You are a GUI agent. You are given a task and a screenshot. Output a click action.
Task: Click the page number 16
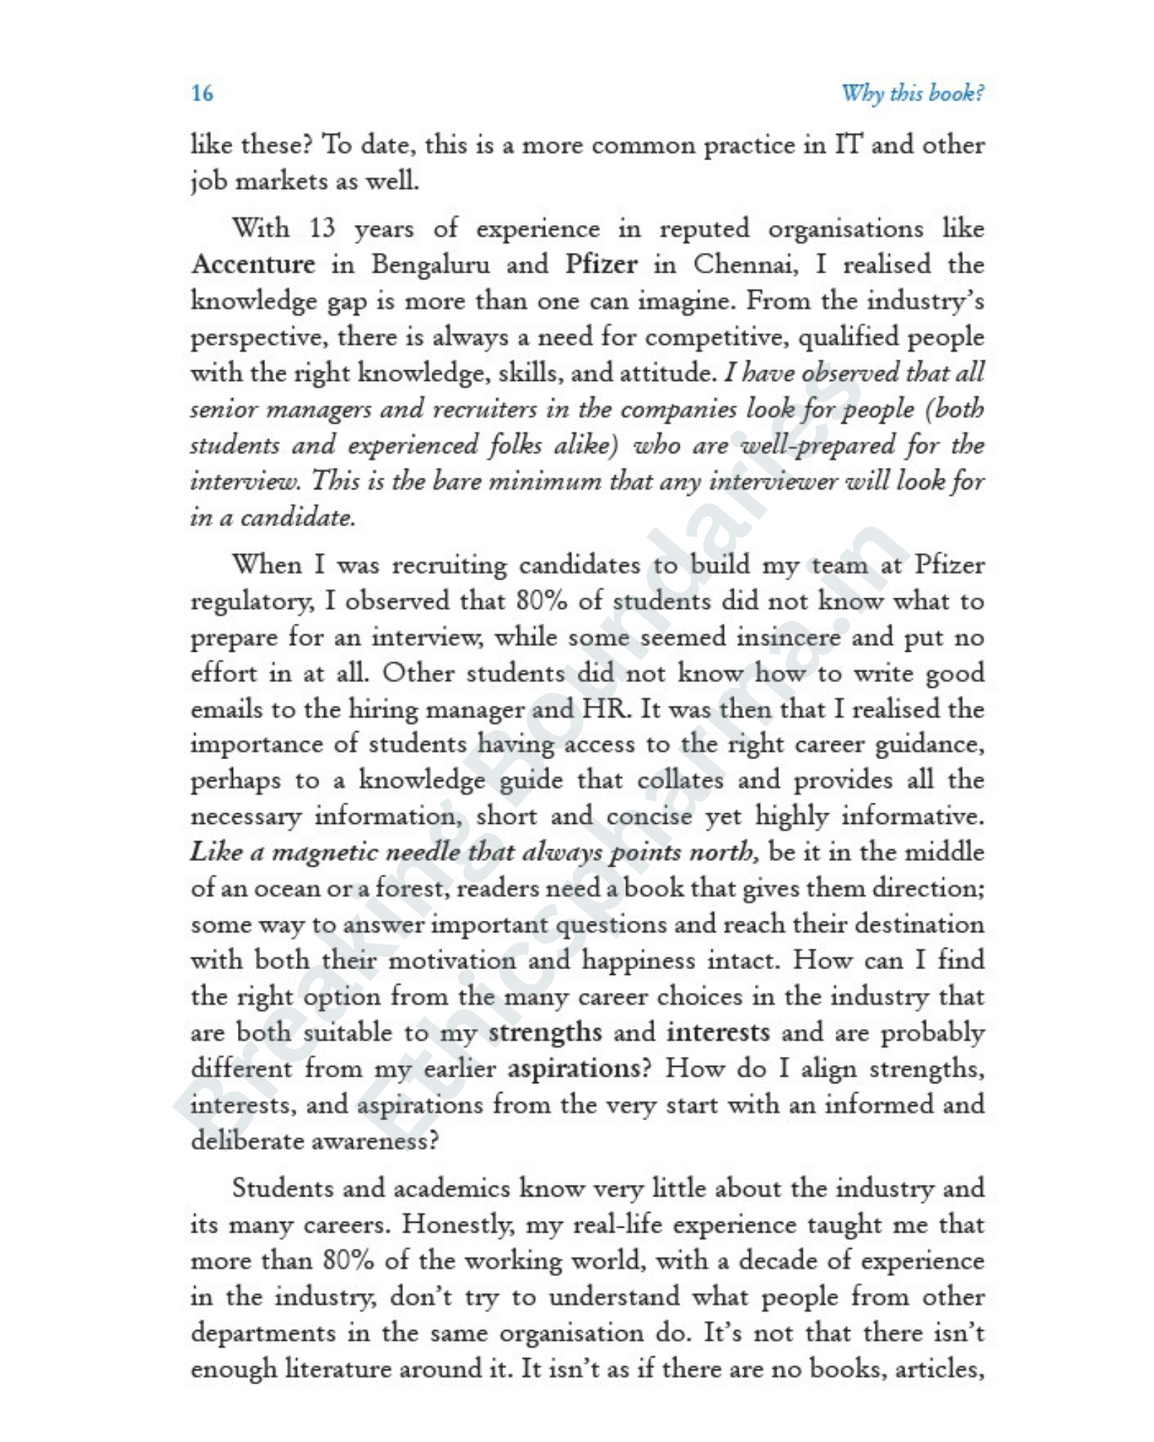[x=202, y=93]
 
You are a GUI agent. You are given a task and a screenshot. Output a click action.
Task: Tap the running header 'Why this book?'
[x=912, y=93]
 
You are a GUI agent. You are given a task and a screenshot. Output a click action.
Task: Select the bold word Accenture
[x=253, y=265]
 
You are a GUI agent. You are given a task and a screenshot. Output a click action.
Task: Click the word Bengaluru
[x=430, y=265]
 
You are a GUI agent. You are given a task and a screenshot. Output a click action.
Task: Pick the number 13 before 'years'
[x=322, y=229]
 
